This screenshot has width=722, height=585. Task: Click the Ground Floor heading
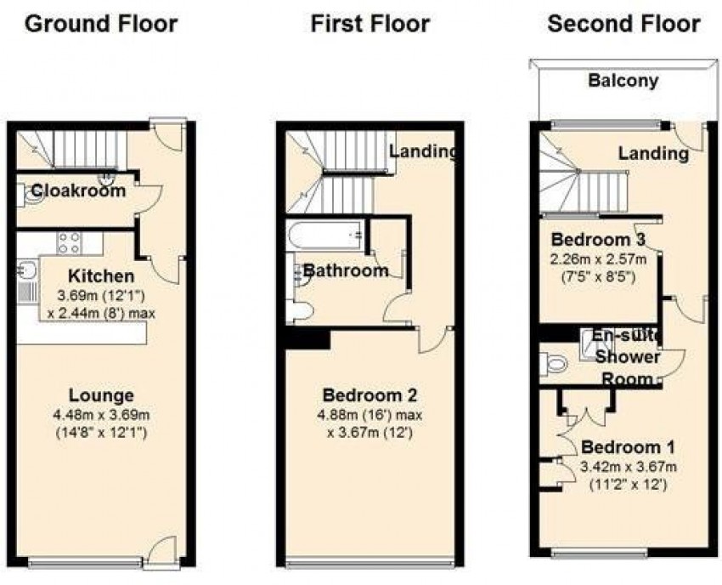101,24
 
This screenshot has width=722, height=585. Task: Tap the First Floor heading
370,24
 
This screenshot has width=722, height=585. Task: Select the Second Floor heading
624,24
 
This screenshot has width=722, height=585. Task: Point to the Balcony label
623,81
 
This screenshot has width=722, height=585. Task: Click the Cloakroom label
78,190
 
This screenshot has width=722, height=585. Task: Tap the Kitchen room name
101,276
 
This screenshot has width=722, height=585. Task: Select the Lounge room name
101,395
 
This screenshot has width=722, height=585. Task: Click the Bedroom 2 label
369,395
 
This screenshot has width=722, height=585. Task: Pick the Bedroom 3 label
598,240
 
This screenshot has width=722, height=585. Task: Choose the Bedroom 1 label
628,447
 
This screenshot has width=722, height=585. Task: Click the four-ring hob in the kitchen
70,243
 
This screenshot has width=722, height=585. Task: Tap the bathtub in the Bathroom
325,236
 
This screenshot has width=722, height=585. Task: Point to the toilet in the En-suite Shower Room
554,363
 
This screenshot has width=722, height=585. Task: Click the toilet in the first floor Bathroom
299,311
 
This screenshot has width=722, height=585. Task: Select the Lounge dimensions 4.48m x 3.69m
101,415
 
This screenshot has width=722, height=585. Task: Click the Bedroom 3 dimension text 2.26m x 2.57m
598,259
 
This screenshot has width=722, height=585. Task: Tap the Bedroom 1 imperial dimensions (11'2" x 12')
628,485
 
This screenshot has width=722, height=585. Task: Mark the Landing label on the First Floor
424,151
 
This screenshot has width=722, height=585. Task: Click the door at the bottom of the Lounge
161,553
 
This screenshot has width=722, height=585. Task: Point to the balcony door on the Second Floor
687,136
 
